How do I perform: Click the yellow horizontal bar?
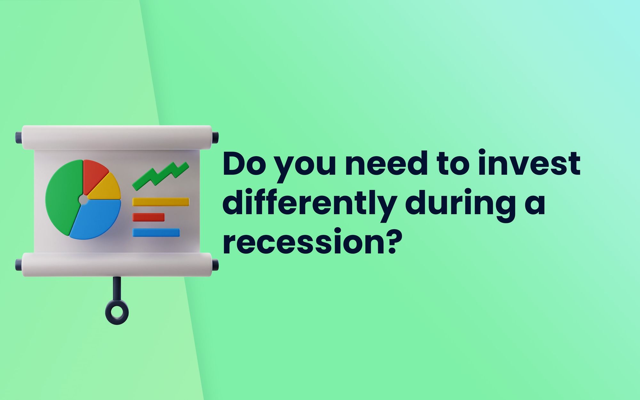coord(161,202)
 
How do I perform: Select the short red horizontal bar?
coord(148,217)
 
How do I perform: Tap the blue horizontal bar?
coord(156,233)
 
